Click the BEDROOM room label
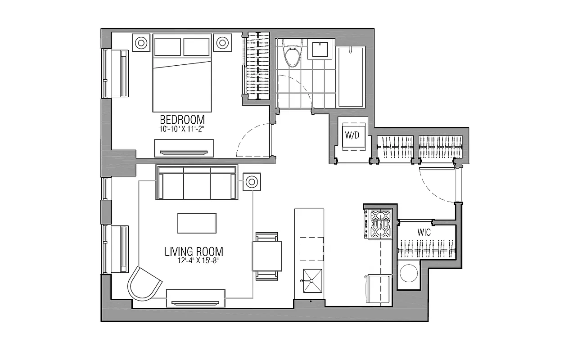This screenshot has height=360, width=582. pos(182,120)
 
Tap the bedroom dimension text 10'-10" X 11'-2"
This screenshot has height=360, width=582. pos(182,128)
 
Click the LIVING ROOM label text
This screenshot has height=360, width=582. pos(194,251)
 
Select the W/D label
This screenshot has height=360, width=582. pos(352,135)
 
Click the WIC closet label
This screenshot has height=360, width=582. pos(424,233)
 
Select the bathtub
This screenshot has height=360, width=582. pos(351,76)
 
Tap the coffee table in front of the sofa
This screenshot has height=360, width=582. pos(197,223)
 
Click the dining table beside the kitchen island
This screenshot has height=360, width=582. pos(267,256)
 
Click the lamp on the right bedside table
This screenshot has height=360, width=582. pos(222,43)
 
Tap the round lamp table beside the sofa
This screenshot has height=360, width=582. pos(251,182)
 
